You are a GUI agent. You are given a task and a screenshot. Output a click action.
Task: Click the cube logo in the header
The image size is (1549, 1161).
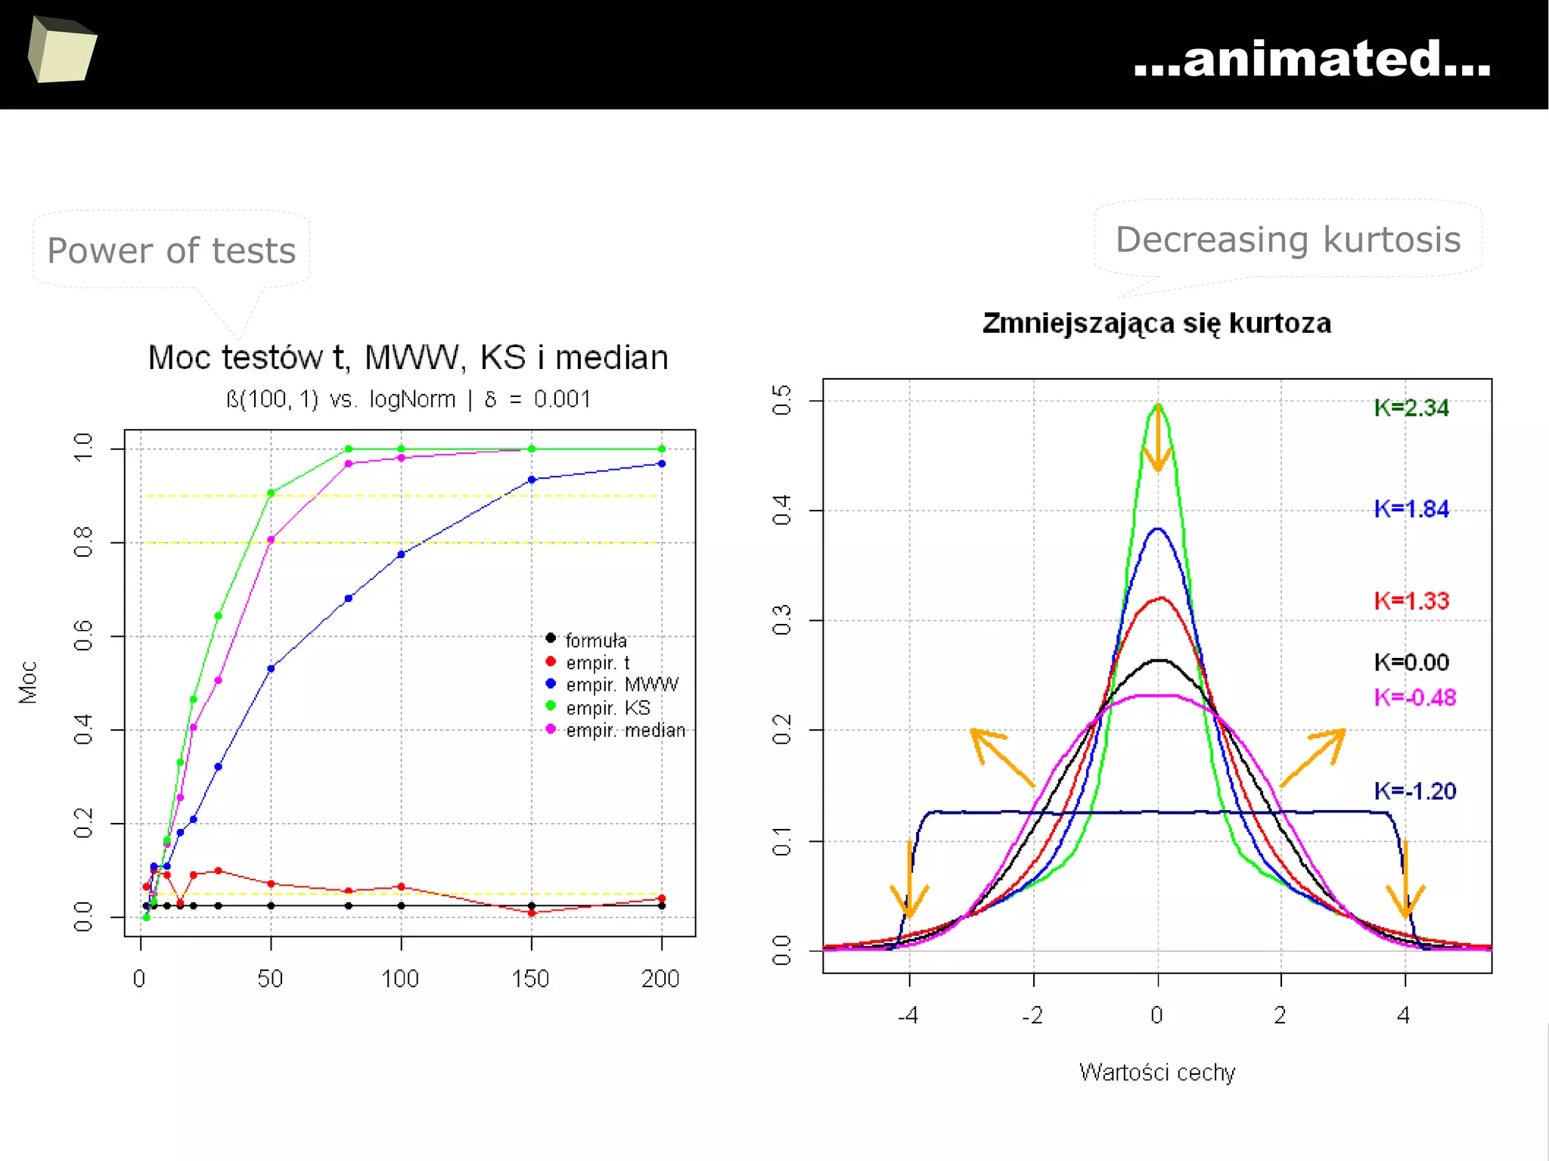pos(62,50)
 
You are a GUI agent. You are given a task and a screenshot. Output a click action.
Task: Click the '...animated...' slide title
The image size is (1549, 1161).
pos(1312,58)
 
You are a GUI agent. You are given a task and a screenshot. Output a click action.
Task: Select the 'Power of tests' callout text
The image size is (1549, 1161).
pos(172,250)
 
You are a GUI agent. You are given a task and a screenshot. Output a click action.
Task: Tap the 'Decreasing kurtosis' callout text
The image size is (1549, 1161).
pos(1288,240)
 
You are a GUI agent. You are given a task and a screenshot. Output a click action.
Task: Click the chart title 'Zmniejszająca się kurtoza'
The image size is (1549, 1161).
pos(1156,323)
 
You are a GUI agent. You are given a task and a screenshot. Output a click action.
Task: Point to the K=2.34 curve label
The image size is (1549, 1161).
pos(1411,408)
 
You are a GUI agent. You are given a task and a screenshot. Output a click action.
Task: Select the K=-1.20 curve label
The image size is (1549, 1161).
pos(1414,791)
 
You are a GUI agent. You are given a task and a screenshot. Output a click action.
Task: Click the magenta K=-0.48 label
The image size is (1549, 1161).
pos(1414,697)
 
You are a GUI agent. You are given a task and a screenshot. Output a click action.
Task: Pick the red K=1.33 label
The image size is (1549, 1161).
pos(1411,601)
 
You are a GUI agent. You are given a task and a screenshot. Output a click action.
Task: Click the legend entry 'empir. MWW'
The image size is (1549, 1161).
pos(622,684)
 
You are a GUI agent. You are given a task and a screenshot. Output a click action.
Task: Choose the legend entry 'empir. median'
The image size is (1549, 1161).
pos(625,731)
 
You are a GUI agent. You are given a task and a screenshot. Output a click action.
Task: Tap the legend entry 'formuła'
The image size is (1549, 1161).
pos(596,641)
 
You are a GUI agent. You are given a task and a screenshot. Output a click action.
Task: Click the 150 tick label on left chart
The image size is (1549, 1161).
pos(530,979)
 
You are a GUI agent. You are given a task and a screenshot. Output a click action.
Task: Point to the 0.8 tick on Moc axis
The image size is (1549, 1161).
pos(83,542)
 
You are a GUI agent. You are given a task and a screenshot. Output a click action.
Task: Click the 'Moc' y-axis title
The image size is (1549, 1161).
pos(28,682)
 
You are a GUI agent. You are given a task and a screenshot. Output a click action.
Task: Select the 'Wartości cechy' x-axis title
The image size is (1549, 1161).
pos(1156,1073)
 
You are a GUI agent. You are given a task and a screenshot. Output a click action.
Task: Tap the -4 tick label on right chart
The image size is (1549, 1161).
pos(908,1015)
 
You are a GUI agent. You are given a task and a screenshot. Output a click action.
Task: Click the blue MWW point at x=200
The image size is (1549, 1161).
pos(662,464)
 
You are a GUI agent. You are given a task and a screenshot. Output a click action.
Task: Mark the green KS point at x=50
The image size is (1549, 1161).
pos(271,493)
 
